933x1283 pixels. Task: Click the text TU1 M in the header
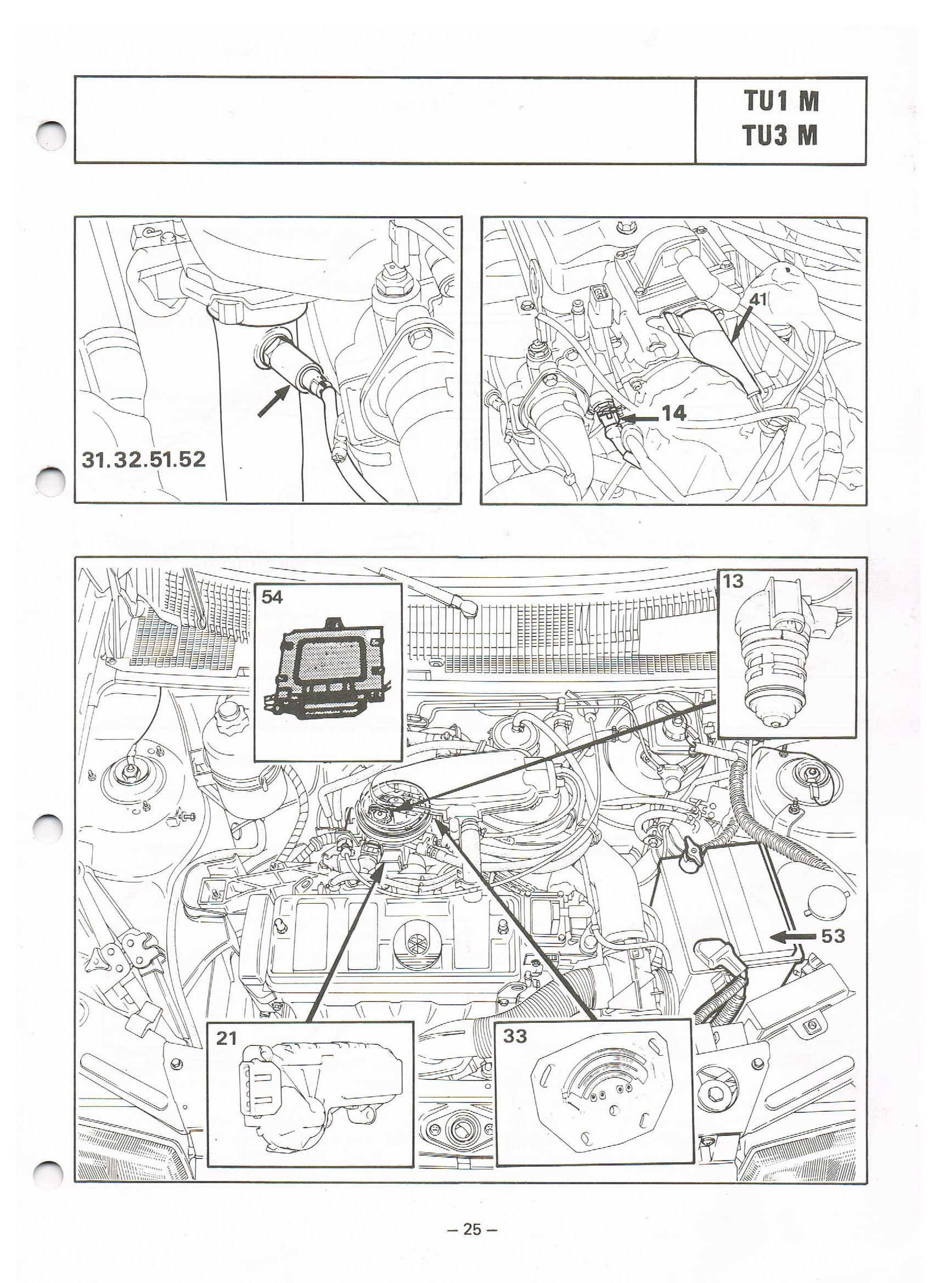(x=781, y=102)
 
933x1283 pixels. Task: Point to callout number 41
(x=757, y=300)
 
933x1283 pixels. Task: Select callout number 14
(x=673, y=414)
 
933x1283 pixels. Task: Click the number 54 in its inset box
(x=272, y=598)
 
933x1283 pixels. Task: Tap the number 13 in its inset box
(x=733, y=581)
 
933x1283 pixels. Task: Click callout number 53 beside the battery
(x=833, y=936)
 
